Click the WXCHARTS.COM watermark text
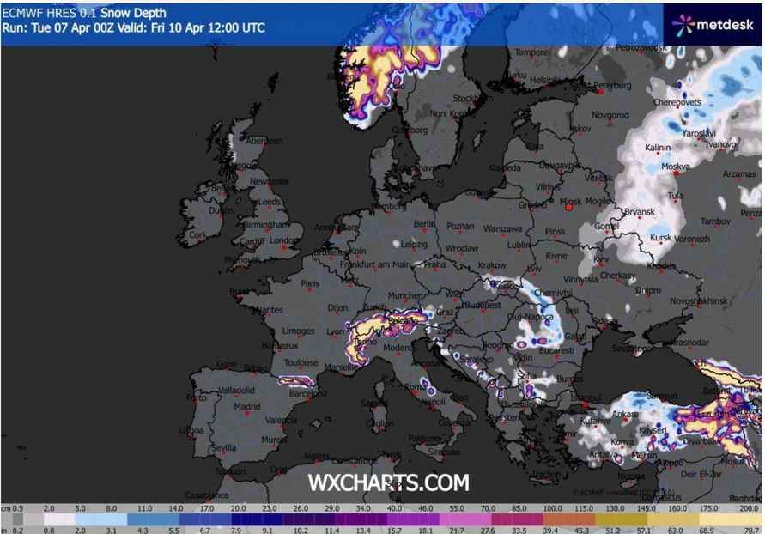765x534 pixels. coord(388,483)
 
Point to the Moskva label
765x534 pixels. coord(676,167)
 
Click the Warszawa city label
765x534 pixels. coord(502,229)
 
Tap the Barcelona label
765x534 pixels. coord(307,394)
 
